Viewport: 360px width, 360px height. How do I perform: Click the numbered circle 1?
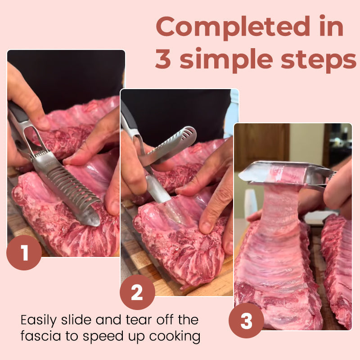(x=24, y=252)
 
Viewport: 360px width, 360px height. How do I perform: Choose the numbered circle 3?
(x=246, y=320)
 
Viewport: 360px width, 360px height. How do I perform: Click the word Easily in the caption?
(x=40, y=321)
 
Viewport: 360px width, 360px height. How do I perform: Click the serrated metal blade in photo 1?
(x=72, y=184)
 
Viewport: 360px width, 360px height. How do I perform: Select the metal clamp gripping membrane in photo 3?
(x=288, y=173)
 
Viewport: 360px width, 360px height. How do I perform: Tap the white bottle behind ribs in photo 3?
(x=250, y=202)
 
